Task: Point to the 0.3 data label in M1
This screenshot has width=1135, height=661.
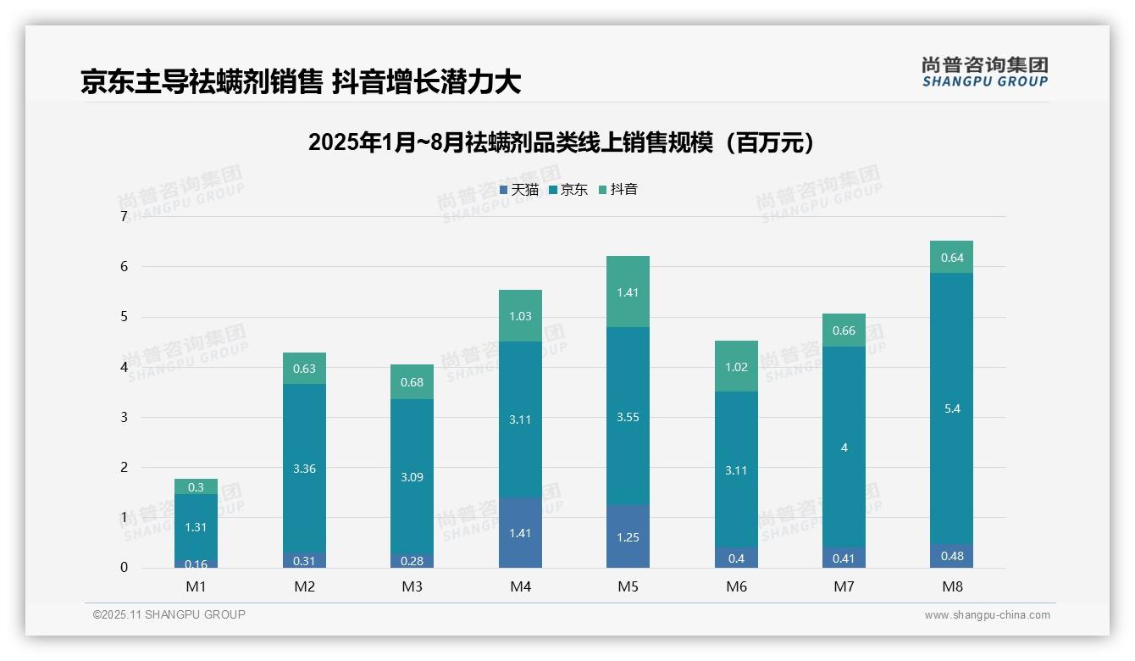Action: click(x=196, y=487)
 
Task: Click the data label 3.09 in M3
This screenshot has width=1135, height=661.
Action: click(x=412, y=477)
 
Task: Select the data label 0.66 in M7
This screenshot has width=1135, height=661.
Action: click(x=844, y=330)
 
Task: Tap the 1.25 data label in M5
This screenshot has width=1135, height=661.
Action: click(x=628, y=538)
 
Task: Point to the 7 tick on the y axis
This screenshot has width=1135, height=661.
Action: click(x=124, y=217)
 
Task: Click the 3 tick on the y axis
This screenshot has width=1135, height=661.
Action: click(x=124, y=417)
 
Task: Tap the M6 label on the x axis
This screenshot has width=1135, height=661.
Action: click(x=736, y=586)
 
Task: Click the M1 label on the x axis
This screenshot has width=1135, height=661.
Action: click(x=196, y=586)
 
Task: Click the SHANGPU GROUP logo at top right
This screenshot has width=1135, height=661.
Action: click(x=984, y=72)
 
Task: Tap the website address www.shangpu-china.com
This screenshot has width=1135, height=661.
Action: click(x=987, y=615)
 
